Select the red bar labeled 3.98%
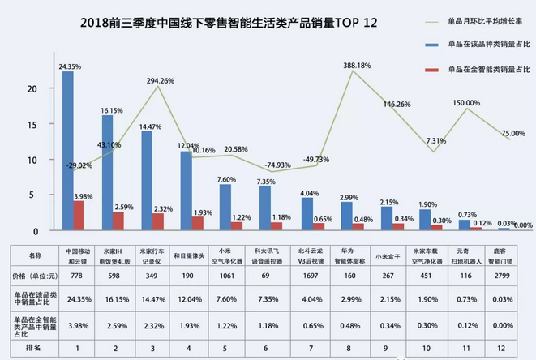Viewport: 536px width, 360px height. [x=79, y=215]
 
